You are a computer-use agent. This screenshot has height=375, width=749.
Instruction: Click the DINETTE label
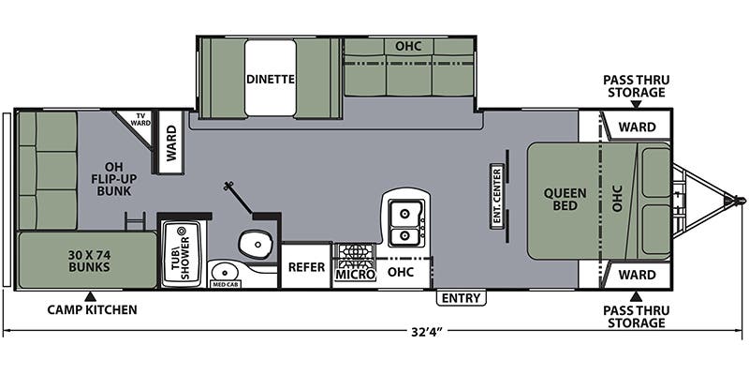click(x=271, y=80)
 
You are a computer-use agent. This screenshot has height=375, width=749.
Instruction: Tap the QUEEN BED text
click(x=566, y=201)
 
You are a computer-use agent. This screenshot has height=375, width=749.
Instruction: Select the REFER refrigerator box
click(x=305, y=267)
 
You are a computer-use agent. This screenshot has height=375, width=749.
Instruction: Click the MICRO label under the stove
click(x=355, y=274)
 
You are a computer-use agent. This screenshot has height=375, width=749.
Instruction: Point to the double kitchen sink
click(x=405, y=223)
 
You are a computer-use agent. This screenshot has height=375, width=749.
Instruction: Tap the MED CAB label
click(x=225, y=282)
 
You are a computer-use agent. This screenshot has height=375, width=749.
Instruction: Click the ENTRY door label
click(x=461, y=298)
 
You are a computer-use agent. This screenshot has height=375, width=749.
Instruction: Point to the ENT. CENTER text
click(x=497, y=198)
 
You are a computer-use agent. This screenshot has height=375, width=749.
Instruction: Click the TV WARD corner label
click(x=140, y=119)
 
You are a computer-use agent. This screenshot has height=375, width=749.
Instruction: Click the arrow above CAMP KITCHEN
click(x=90, y=296)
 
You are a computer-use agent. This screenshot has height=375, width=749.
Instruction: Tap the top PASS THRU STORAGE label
click(x=634, y=86)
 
